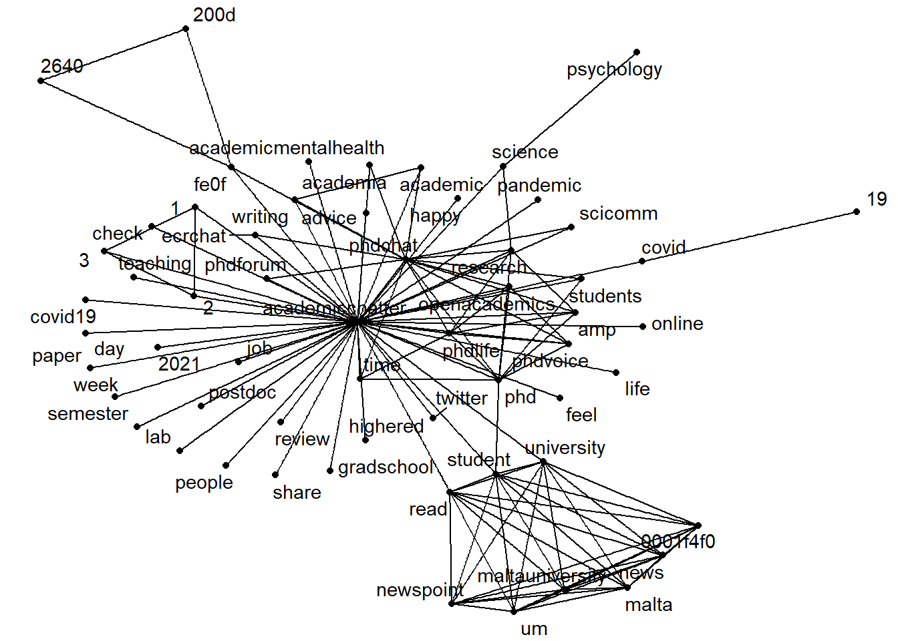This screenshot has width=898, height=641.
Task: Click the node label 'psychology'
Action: pos(614,69)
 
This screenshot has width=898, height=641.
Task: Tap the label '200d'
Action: pos(214,15)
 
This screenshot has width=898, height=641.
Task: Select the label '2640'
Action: pos(61,66)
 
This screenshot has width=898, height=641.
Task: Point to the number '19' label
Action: pos(877,199)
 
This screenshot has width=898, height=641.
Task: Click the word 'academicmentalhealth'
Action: pos(287,148)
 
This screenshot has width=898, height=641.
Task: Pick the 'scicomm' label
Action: pos(618,214)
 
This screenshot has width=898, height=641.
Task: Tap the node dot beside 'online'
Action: pos(643,327)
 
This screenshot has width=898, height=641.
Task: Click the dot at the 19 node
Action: pos(857,212)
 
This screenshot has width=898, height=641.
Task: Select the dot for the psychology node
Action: pos(637,52)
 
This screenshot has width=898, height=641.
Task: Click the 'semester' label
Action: pos(88,414)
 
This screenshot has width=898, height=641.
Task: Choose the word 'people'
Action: pos(204,483)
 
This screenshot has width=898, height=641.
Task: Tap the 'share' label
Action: pos(297,493)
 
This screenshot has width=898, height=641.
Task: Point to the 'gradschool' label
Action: pos(386,467)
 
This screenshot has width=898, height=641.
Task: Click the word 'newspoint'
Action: pos(420,590)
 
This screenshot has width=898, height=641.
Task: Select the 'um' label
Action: pos(534,628)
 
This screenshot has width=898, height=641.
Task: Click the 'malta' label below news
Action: pos(648,605)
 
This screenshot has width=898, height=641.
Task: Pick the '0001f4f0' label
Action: pos(678,542)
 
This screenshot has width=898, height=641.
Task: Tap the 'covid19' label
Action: pos(63,316)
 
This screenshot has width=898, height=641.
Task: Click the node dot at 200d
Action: pos(186,29)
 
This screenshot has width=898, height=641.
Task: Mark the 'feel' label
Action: pos(581,415)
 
